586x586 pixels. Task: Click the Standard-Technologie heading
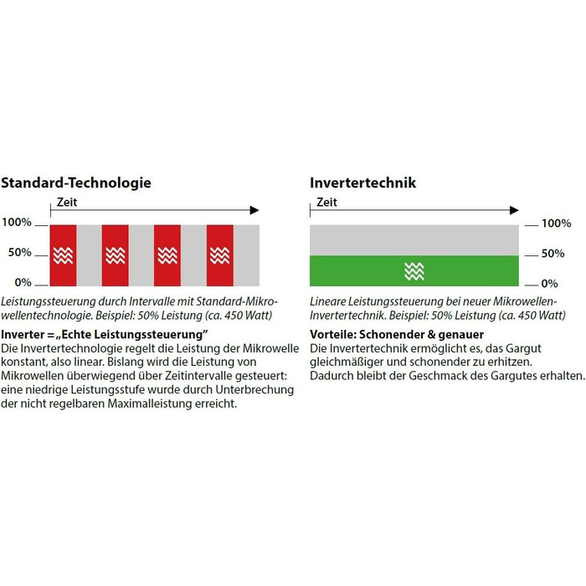75,182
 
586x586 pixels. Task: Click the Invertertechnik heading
362,182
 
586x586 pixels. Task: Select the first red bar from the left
63,254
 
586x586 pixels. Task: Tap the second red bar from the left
115,254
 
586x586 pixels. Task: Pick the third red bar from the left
167,254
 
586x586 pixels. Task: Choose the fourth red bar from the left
219,254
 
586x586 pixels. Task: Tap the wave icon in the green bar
414,270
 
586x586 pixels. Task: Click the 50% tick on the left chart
19,253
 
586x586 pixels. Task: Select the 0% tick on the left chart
22,283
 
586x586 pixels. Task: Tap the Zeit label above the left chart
67,202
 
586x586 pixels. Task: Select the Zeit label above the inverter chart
326,202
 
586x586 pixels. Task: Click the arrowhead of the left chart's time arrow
254,211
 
